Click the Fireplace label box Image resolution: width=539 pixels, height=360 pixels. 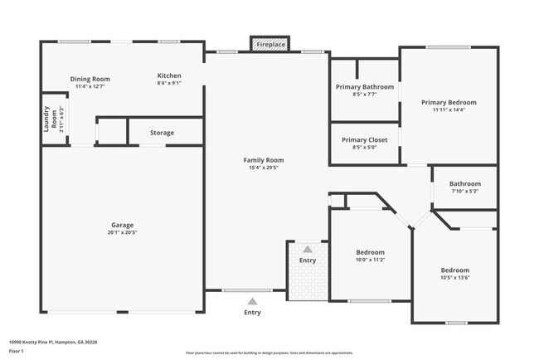(270, 44)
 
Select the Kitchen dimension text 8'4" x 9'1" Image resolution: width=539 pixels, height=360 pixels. (169, 83)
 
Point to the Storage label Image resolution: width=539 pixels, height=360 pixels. (162, 133)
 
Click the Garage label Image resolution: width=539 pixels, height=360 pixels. (123, 225)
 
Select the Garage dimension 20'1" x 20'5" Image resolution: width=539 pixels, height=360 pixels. (123, 232)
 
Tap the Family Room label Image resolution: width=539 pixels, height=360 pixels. (264, 159)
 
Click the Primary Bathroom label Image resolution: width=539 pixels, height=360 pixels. (364, 86)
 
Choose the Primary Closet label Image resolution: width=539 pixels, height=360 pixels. (364, 139)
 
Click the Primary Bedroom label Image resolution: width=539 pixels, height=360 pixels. (449, 102)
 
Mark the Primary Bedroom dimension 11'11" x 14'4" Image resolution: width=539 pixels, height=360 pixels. (449, 109)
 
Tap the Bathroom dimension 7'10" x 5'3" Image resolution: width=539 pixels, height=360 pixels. (464, 192)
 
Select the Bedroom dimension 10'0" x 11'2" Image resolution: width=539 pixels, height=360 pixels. (370, 260)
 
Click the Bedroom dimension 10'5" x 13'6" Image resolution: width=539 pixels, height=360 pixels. (454, 278)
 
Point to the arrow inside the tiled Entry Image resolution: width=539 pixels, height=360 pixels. (308, 249)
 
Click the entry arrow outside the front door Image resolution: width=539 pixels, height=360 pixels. (252, 300)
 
